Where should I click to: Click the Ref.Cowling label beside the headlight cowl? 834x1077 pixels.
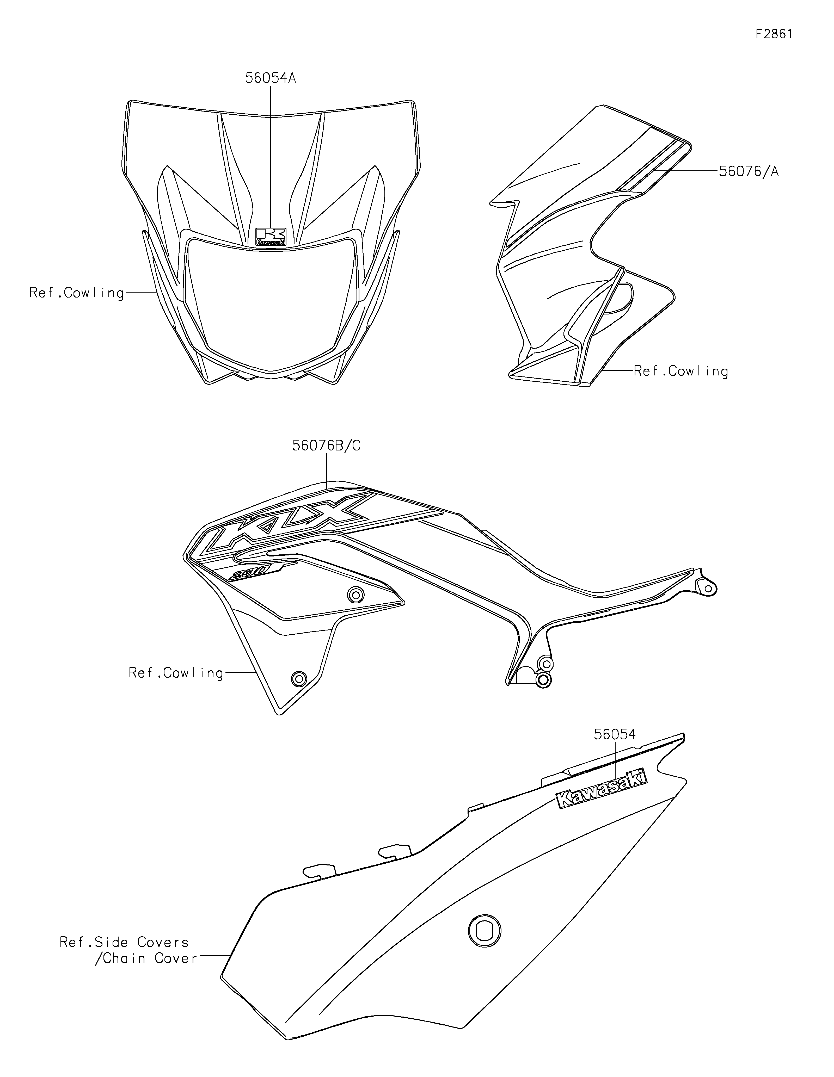(x=76, y=293)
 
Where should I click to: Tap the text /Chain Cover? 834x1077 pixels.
(x=146, y=958)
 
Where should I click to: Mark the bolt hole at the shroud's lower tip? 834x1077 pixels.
(x=298, y=679)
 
